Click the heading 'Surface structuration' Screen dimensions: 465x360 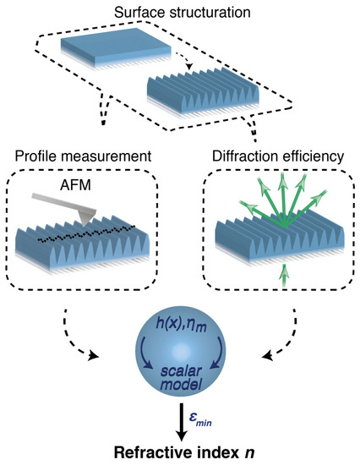pos(180,11)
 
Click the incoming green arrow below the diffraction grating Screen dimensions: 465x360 pos(282,271)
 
